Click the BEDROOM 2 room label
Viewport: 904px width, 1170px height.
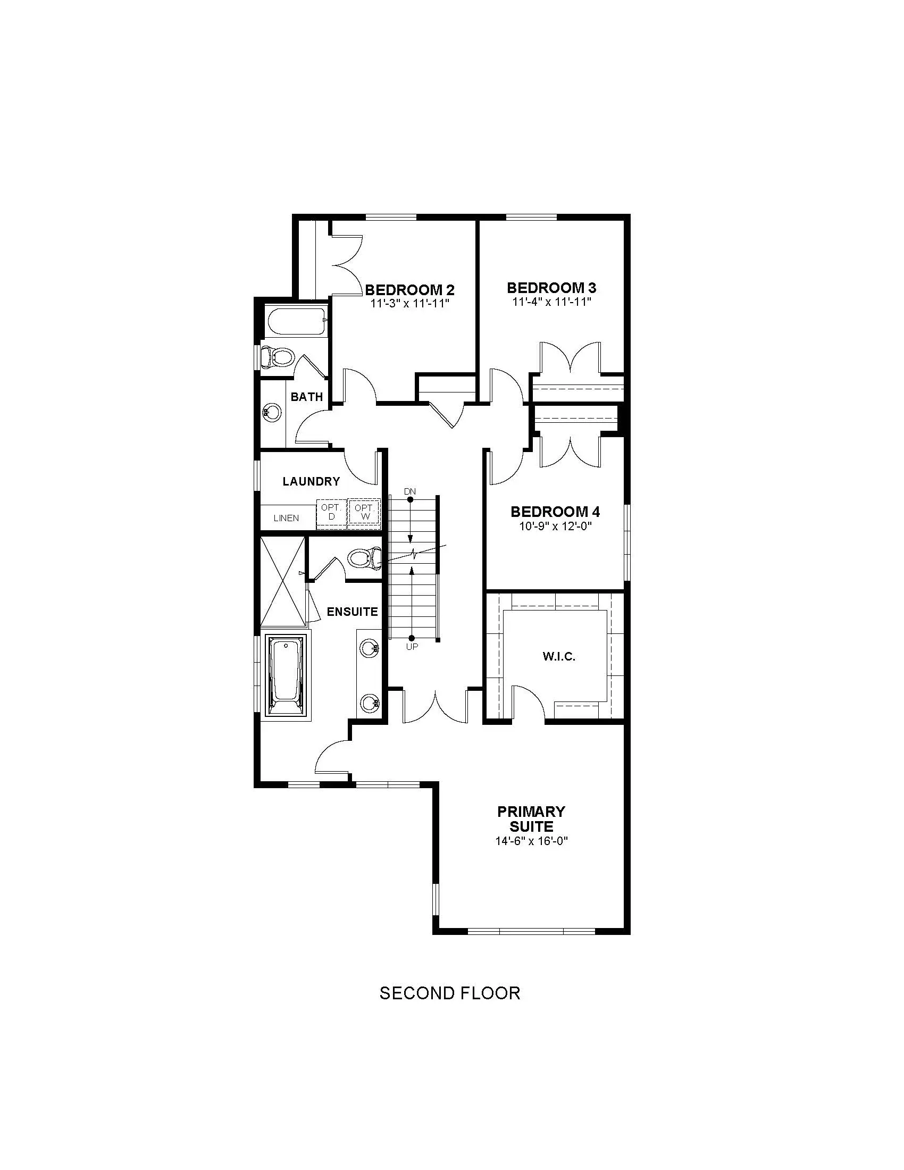tap(409, 290)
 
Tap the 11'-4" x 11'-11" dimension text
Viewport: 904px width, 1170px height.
tap(551, 302)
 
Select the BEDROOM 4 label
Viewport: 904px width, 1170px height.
tap(555, 512)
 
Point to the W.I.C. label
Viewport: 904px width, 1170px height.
tap(559, 656)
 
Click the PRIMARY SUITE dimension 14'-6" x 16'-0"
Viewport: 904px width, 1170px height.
tap(531, 841)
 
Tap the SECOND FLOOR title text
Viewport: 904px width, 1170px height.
tap(450, 993)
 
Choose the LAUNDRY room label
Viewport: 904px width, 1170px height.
tap(311, 481)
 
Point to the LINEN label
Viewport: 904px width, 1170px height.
tap(286, 518)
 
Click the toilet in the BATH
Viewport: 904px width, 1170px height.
tap(277, 357)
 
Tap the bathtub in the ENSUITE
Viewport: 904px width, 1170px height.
tap(285, 676)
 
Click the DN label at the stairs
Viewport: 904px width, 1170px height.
tap(409, 491)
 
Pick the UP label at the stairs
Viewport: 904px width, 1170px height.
tap(412, 647)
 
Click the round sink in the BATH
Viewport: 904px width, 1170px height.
tap(272, 413)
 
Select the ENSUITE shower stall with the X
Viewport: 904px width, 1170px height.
tap(283, 580)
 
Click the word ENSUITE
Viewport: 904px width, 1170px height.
tap(353, 612)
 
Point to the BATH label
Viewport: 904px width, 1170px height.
tap(307, 397)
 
